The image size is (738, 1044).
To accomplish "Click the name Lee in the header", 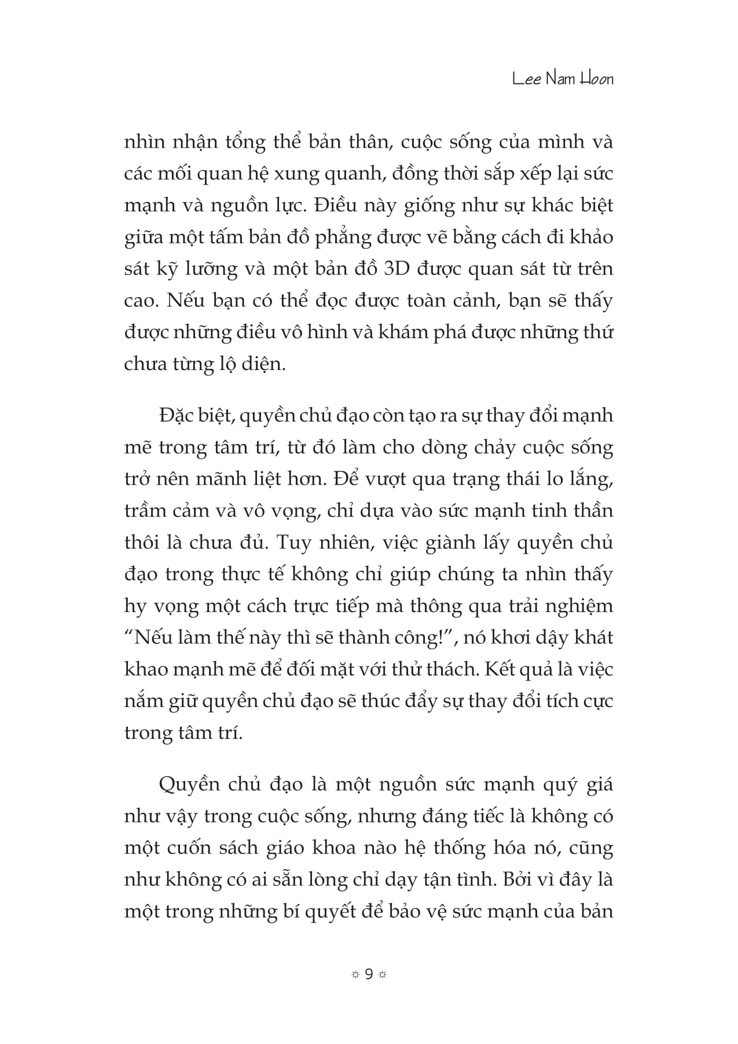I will pyautogui.click(x=527, y=79).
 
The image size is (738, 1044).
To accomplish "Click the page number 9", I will pyautogui.click(x=369, y=975).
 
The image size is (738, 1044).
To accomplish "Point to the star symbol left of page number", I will pyautogui.click(x=355, y=975).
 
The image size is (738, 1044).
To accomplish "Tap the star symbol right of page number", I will pyautogui.click(x=382, y=975).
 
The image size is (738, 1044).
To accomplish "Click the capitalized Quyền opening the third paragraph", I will pyautogui.click(x=189, y=785).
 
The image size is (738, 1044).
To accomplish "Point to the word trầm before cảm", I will pyautogui.click(x=148, y=511).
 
